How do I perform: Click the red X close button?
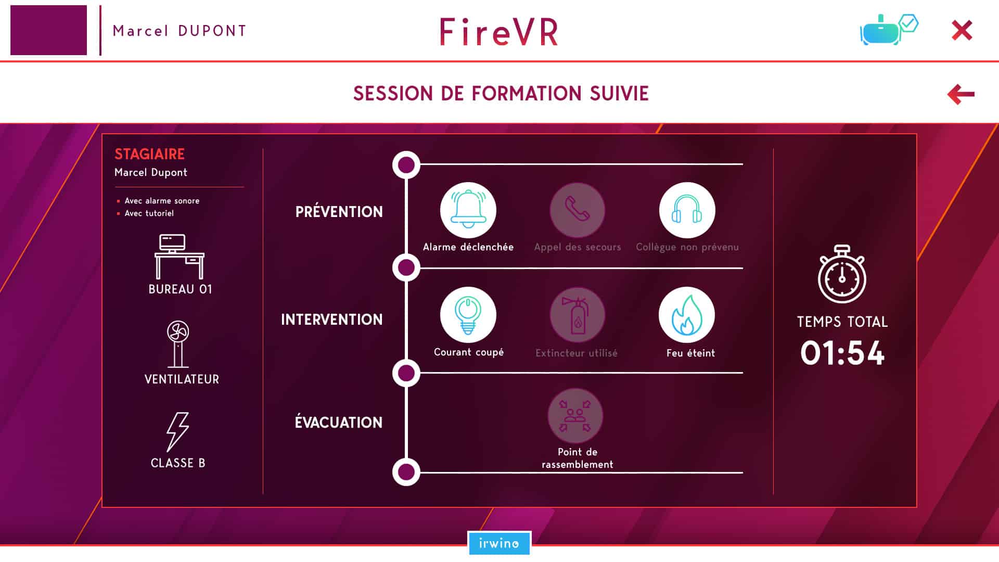point(962,30)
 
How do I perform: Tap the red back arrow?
point(960,94)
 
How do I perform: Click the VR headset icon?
point(889,30)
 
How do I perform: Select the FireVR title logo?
point(499,32)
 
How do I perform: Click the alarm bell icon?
point(468,210)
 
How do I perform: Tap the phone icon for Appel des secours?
point(578,210)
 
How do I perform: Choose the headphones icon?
point(687,210)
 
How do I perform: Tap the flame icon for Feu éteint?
point(687,315)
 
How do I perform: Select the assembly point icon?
point(575,416)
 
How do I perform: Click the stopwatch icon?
point(842,274)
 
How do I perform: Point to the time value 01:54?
point(842,353)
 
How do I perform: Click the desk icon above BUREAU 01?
point(180,257)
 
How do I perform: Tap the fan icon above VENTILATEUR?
point(178,344)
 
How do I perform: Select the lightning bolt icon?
point(177,432)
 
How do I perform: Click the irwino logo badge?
point(499,543)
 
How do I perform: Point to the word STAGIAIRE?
point(150,154)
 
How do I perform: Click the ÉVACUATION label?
point(339,421)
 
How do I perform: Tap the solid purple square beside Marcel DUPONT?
point(48,30)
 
